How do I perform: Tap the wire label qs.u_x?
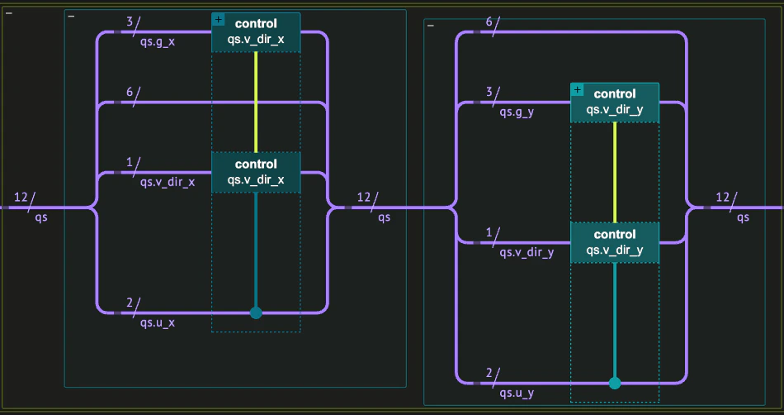158,322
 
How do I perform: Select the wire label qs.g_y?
517,113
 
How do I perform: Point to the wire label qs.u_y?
517,392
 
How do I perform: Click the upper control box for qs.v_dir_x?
256,32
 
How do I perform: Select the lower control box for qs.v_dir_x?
256,172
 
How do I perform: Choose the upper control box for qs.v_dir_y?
615,103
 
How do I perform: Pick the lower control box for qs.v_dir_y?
615,242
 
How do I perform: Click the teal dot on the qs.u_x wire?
256,312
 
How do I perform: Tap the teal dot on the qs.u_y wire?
615,383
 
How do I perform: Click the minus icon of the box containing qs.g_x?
71,17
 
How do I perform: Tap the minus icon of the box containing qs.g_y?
430,26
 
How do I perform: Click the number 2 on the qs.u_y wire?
489,373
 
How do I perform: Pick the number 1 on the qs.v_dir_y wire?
489,232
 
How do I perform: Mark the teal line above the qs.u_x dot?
256,248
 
